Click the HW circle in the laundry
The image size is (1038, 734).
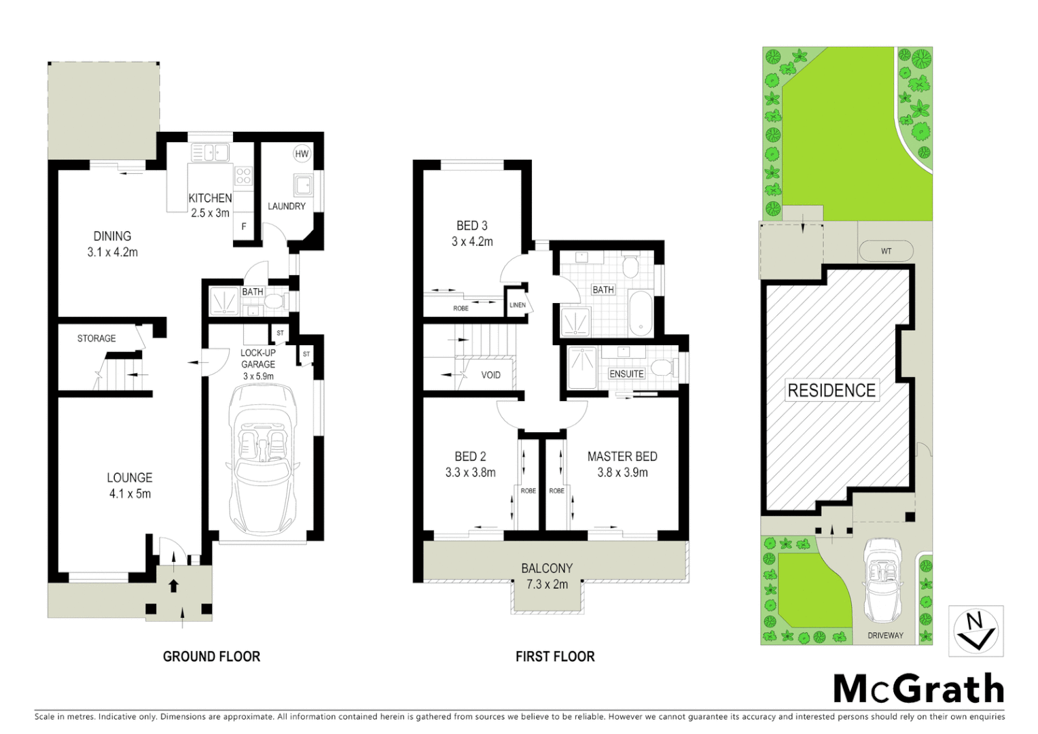click(302, 154)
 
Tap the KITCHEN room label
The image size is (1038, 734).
click(210, 198)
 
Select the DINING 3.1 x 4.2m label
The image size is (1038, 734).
click(112, 244)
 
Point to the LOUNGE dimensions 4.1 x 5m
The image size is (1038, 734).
click(130, 494)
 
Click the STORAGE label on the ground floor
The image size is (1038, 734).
click(96, 338)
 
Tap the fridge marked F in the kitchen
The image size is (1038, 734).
click(244, 227)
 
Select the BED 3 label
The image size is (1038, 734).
click(471, 226)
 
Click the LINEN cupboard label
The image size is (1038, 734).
click(518, 305)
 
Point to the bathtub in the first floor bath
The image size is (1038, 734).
click(640, 313)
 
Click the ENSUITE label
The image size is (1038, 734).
click(626, 374)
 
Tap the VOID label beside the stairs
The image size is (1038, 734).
click(490, 375)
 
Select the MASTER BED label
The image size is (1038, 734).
click(622, 457)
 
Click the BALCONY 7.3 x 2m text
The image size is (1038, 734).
click(547, 576)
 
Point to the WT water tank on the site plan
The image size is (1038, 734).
click(886, 251)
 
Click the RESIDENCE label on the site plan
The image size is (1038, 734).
click(831, 390)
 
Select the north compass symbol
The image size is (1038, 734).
click(976, 631)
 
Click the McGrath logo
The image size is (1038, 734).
click(918, 689)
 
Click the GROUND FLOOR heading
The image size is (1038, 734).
click(211, 657)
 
